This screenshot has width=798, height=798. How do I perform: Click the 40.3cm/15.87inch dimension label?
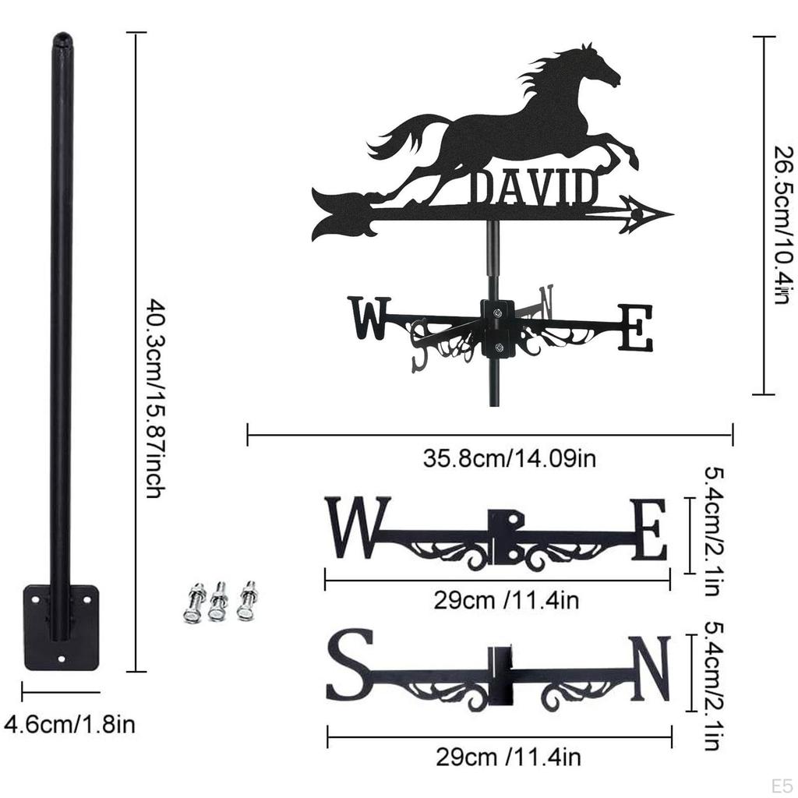(154, 399)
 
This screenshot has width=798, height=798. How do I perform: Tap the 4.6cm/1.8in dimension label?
(69, 723)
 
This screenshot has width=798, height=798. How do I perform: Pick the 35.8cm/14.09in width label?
(509, 458)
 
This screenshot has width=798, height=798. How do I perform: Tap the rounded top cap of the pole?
(62, 40)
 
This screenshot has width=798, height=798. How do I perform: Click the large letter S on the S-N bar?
(350, 666)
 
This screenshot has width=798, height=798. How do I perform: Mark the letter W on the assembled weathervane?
(369, 318)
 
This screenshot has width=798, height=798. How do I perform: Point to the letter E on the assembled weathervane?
(634, 328)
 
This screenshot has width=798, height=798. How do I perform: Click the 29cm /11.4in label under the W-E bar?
(507, 601)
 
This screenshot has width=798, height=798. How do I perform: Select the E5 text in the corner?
(782, 786)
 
